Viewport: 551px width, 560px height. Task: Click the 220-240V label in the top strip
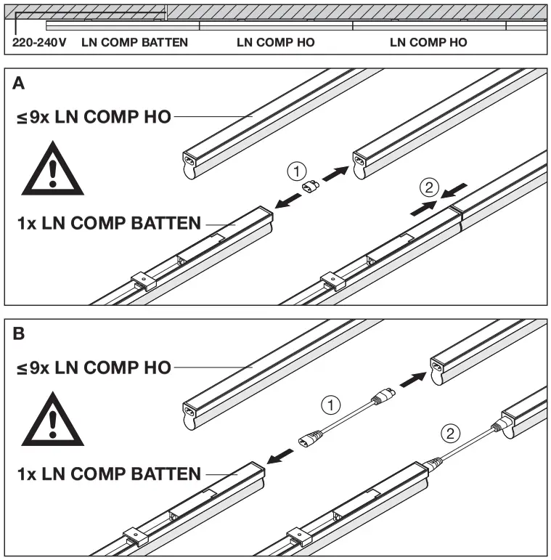click(x=40, y=42)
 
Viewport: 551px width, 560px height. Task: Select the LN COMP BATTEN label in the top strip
click(x=135, y=42)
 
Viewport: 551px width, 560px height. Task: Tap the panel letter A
click(x=19, y=84)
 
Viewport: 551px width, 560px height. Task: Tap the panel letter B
click(x=19, y=334)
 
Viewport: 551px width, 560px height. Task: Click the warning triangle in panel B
click(x=48, y=421)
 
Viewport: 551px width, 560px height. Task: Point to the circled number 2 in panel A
click(x=429, y=188)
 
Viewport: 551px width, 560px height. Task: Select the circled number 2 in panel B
click(x=450, y=434)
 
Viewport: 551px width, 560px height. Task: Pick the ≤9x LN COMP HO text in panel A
click(x=94, y=117)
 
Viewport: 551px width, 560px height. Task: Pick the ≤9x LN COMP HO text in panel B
click(x=94, y=368)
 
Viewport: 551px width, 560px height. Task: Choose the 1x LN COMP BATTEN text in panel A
click(x=108, y=223)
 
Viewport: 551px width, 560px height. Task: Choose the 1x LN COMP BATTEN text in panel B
click(x=108, y=474)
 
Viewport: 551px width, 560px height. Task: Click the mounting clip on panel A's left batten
click(x=144, y=281)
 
